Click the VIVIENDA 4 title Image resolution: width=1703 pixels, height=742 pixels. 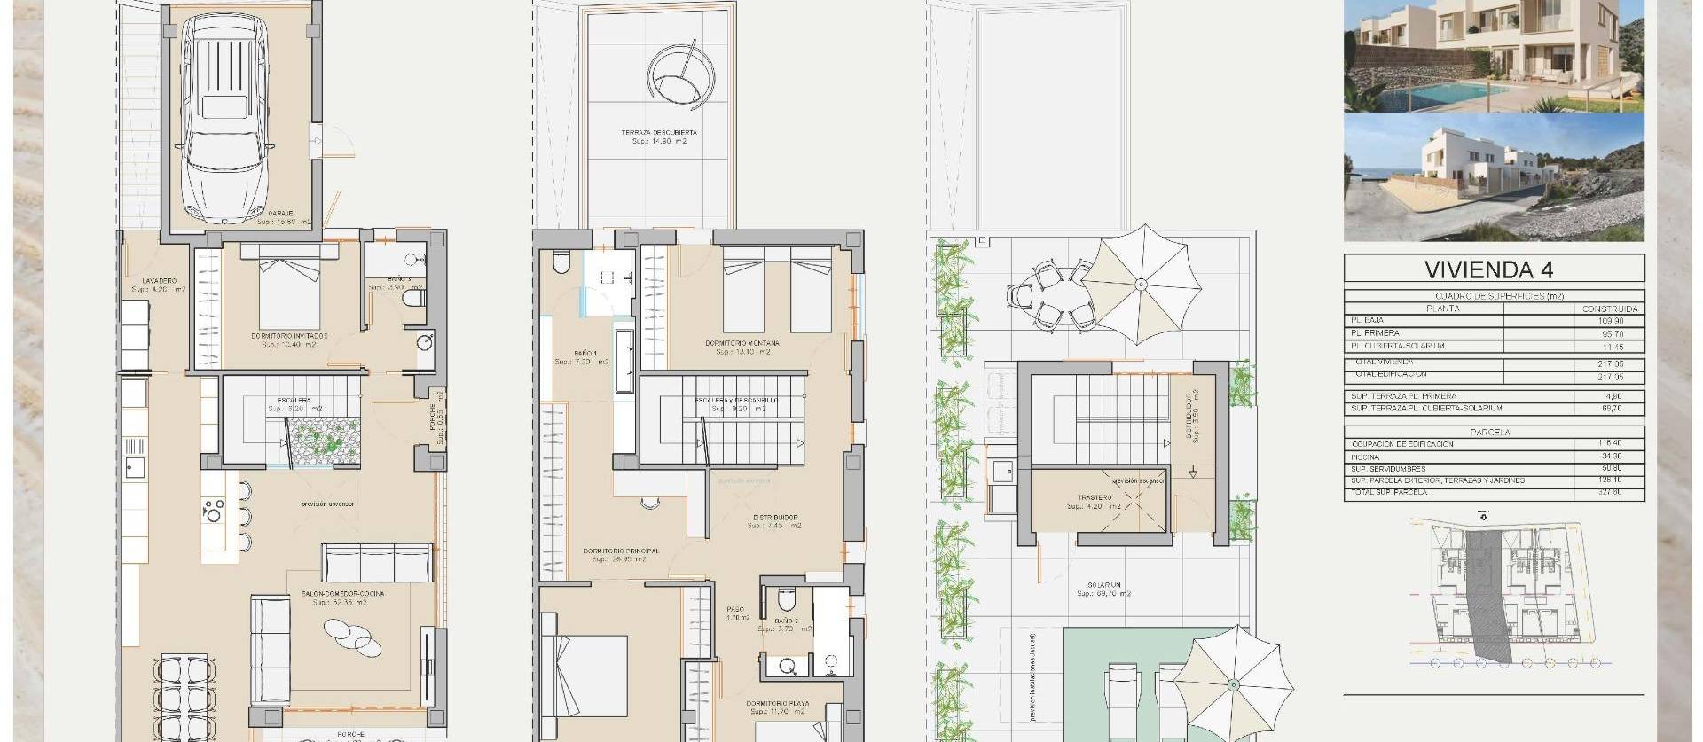[x=1494, y=269]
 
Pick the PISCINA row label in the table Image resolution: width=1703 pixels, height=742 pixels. [x=1367, y=457]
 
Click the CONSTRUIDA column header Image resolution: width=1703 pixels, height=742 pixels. [x=1609, y=309]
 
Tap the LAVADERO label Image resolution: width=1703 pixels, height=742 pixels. [x=159, y=281]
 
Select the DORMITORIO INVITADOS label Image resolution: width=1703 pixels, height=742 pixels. [x=289, y=337]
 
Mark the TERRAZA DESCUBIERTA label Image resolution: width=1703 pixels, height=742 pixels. [x=659, y=133]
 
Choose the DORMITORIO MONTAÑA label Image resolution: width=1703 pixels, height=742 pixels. [x=742, y=343]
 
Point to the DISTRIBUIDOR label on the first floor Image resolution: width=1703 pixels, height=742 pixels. [x=774, y=518]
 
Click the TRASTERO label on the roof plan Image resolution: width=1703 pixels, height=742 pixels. [x=1095, y=498]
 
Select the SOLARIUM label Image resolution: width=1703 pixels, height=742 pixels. [x=1103, y=585]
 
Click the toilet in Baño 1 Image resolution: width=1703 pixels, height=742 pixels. [x=560, y=262]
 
